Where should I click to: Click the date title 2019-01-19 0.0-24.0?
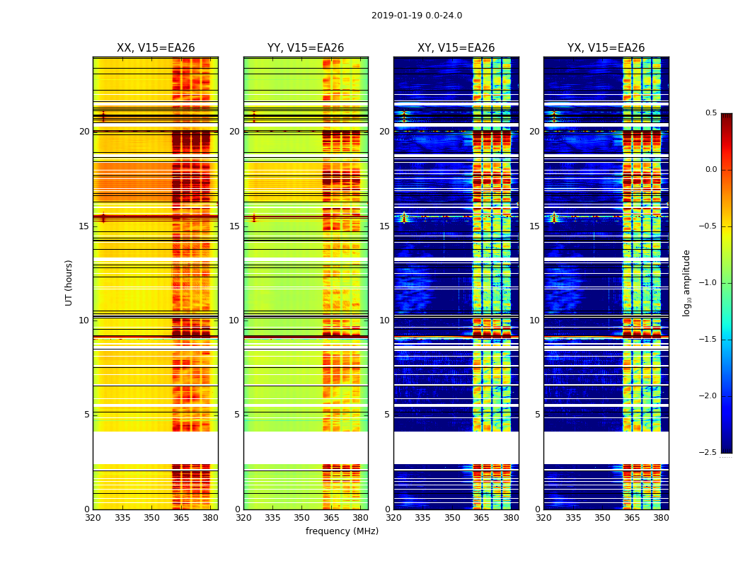pos(416,16)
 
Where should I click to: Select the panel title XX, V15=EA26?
pos(156,48)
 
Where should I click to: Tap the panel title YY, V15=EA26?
pos(306,48)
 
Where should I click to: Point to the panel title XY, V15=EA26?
pos(456,48)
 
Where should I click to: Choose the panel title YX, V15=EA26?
pos(606,48)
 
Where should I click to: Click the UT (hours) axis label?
pos(69,282)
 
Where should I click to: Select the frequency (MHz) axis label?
pos(342,531)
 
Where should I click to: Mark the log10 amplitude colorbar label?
pos(686,282)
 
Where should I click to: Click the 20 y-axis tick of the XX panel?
pos(84,132)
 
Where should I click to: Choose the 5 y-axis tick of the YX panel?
pos(537,415)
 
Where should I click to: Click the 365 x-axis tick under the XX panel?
pos(181,518)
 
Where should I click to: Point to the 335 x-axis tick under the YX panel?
pos(573,518)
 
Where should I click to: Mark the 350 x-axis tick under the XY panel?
pos(452,518)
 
